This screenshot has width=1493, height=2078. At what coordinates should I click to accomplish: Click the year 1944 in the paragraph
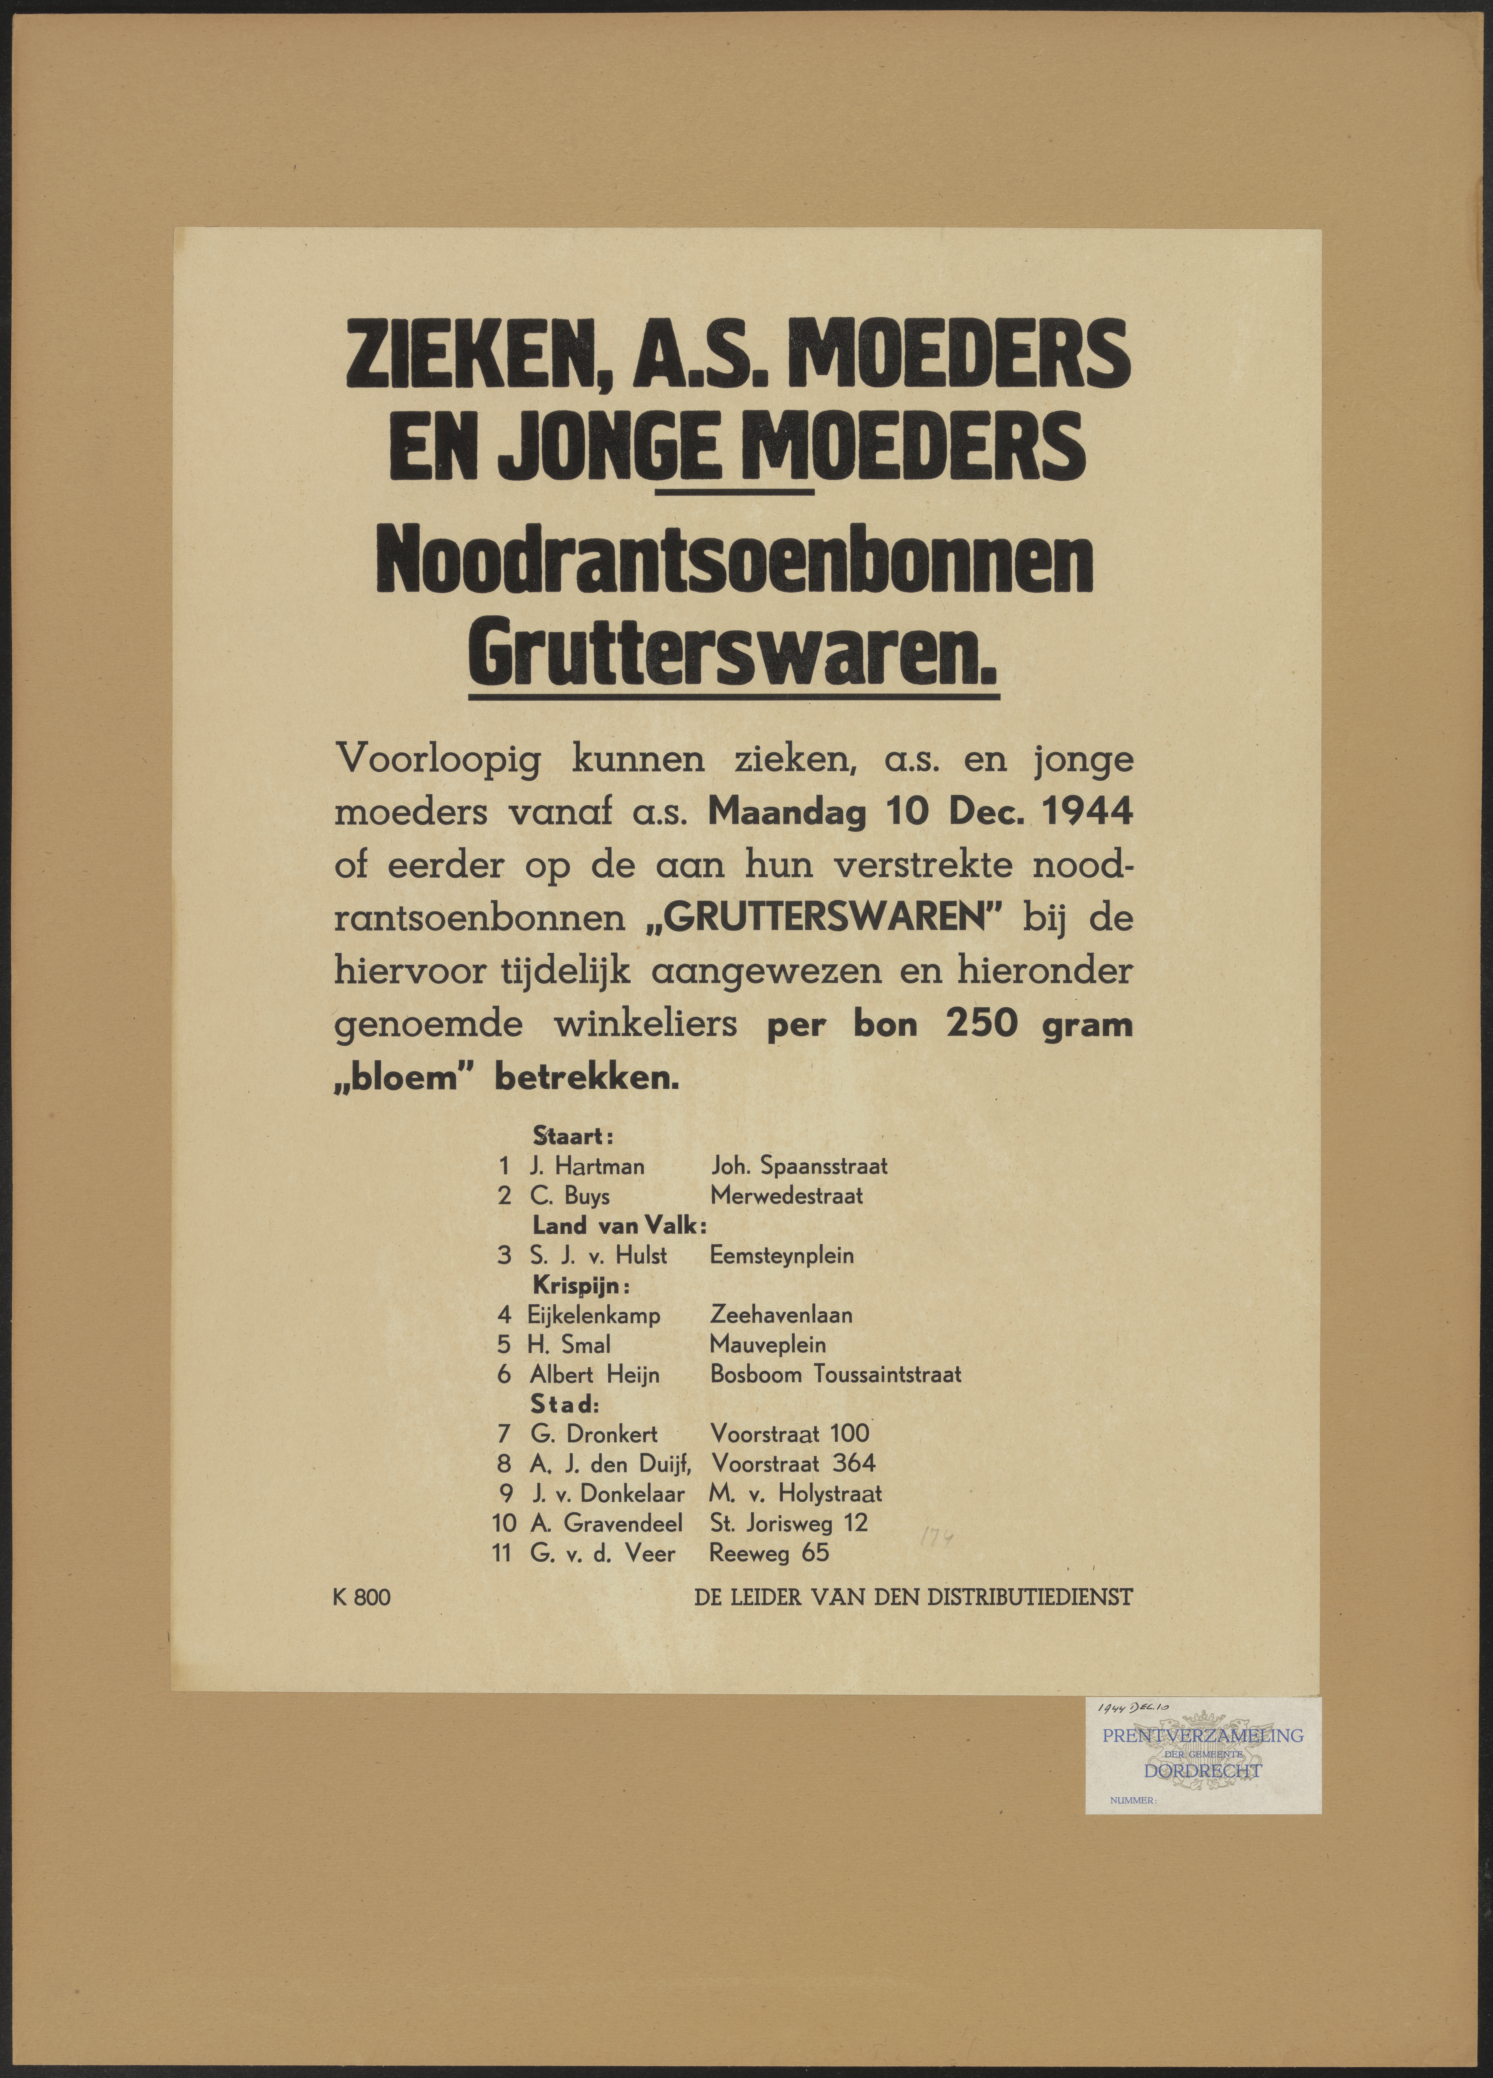(1086, 812)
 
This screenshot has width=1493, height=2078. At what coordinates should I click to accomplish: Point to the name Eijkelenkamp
(594, 1316)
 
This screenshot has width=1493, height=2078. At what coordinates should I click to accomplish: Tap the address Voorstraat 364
(793, 1463)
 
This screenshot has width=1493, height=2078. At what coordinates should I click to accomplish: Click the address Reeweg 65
(769, 1552)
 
